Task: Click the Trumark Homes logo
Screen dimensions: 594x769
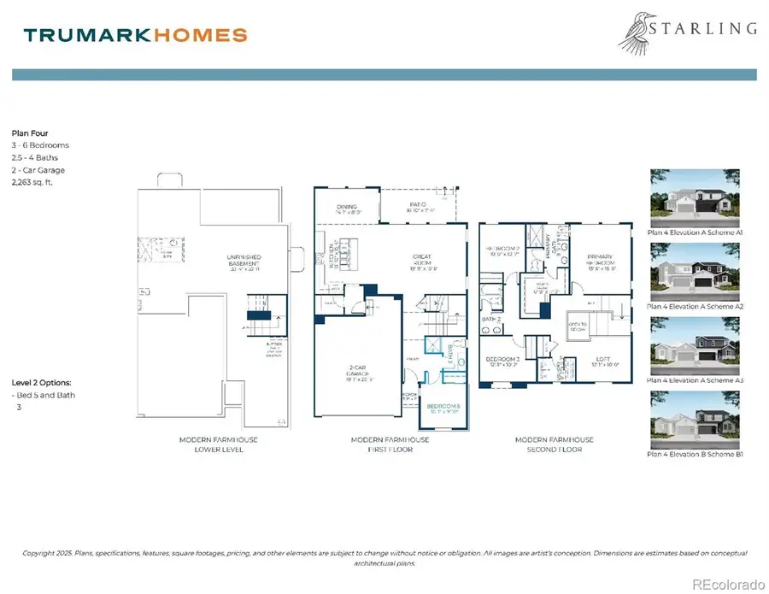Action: [x=136, y=35]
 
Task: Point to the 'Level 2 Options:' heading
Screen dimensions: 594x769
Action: [x=42, y=382]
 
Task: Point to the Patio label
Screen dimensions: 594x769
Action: [x=417, y=206]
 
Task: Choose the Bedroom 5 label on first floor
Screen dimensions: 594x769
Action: [x=443, y=407]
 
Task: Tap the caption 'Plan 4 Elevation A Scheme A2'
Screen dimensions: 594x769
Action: [x=695, y=306]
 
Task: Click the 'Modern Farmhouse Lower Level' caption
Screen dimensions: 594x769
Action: [x=218, y=444]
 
